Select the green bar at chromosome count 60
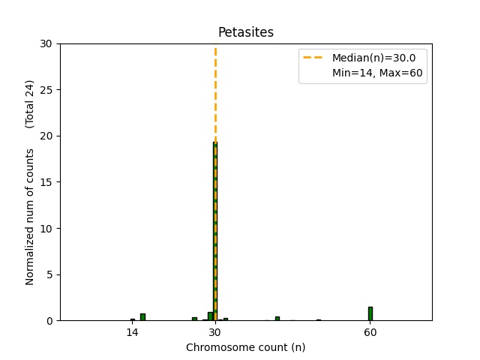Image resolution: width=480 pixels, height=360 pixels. pos(370,313)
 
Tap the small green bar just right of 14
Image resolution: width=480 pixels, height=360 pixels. pos(142,317)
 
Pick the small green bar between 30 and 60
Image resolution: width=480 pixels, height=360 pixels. pos(277,318)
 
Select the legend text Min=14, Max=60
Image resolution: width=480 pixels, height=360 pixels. pos(379,73)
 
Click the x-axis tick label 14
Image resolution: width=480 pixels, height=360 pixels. pos(132,332)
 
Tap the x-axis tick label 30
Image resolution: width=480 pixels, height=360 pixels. pos(215,332)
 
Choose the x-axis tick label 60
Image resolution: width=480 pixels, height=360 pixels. pos(370,332)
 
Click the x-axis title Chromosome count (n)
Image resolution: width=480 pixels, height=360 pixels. pos(245,347)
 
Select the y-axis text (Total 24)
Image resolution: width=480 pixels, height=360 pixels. pos(30,103)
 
